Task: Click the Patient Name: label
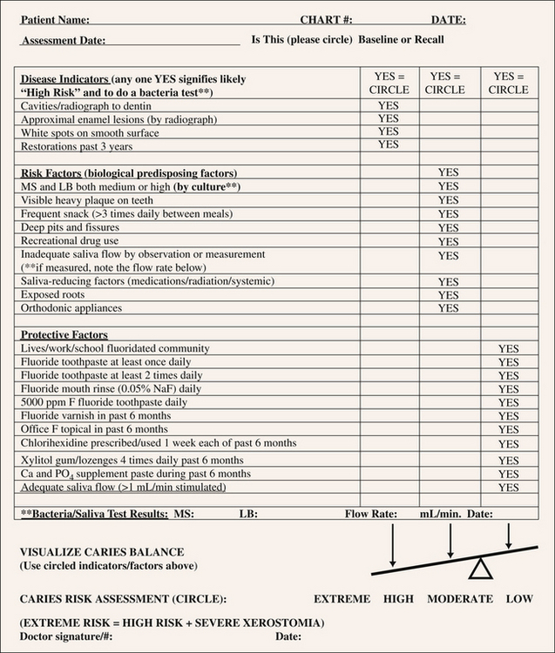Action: point(54,19)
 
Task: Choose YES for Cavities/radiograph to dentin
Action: point(389,105)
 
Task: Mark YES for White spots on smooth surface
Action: point(389,132)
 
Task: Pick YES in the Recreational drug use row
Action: point(448,241)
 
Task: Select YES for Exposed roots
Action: point(448,295)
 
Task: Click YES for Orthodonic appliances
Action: point(448,308)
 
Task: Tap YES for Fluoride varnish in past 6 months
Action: point(508,416)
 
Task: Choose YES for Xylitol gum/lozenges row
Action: point(508,460)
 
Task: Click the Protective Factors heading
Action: point(64,335)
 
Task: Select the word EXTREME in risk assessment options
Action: point(342,599)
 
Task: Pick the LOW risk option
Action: point(519,599)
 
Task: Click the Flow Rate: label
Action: point(371,515)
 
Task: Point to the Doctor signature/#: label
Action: point(66,636)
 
